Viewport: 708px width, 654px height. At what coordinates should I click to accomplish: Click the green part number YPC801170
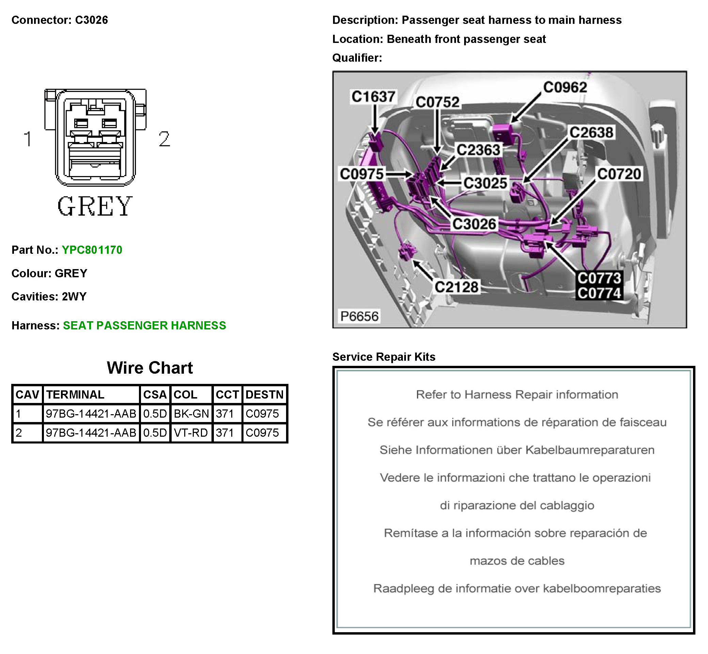point(92,250)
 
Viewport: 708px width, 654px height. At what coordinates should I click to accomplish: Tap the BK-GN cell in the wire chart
point(191,414)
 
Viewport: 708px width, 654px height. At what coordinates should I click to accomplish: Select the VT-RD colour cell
point(191,433)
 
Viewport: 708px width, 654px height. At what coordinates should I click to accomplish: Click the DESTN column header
point(264,394)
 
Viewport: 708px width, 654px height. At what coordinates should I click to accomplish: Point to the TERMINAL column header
point(75,394)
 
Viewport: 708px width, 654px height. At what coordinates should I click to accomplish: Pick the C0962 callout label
point(565,88)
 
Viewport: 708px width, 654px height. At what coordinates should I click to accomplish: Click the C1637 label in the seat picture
point(373,97)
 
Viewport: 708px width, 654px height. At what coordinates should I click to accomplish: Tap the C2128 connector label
point(456,287)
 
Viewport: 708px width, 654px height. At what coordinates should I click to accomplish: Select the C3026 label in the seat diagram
point(474,224)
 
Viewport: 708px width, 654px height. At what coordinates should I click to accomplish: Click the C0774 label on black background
point(599,293)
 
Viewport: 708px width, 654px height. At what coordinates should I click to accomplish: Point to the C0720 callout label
point(619,174)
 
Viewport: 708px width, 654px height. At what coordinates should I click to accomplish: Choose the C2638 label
point(591,133)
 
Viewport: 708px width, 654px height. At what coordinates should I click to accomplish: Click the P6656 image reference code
point(359,316)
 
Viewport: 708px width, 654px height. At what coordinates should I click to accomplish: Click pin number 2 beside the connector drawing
point(164,139)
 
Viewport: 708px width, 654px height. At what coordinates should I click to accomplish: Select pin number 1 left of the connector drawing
point(28,139)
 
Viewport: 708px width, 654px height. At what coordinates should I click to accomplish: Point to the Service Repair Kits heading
point(383,357)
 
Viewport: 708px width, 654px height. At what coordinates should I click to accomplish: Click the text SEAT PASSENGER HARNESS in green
point(144,326)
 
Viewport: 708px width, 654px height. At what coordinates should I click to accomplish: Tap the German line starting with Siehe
point(517,450)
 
